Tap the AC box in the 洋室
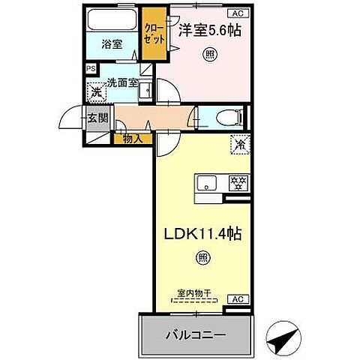(238, 13)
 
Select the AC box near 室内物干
(238, 298)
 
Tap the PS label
(91, 68)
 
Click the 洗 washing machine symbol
(97, 93)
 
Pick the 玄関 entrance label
(97, 118)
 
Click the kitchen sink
(208, 182)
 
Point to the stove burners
(238, 182)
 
